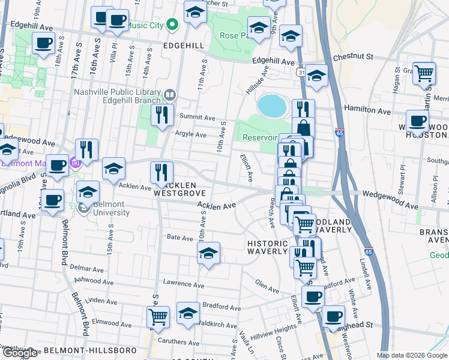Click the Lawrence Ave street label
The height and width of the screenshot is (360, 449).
[x=181, y=284]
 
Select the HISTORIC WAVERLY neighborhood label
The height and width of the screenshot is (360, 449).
[x=268, y=247]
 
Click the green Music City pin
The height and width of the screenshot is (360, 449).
[x=172, y=25]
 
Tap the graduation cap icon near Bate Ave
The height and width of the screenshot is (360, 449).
[x=208, y=253]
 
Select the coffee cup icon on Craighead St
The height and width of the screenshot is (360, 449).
[x=333, y=317]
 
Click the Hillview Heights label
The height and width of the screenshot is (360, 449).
[x=273, y=328]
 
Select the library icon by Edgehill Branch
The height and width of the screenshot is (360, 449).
[x=170, y=94]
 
